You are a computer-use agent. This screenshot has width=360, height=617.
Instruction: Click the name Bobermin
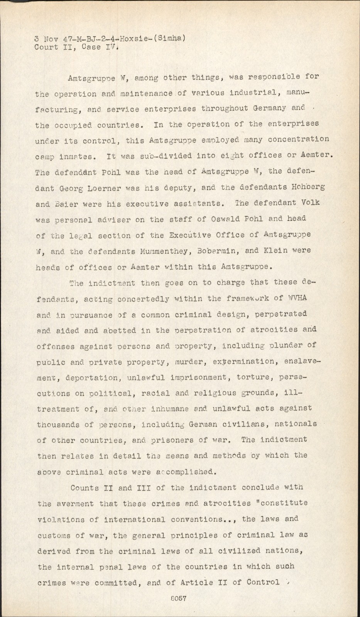[221, 251]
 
